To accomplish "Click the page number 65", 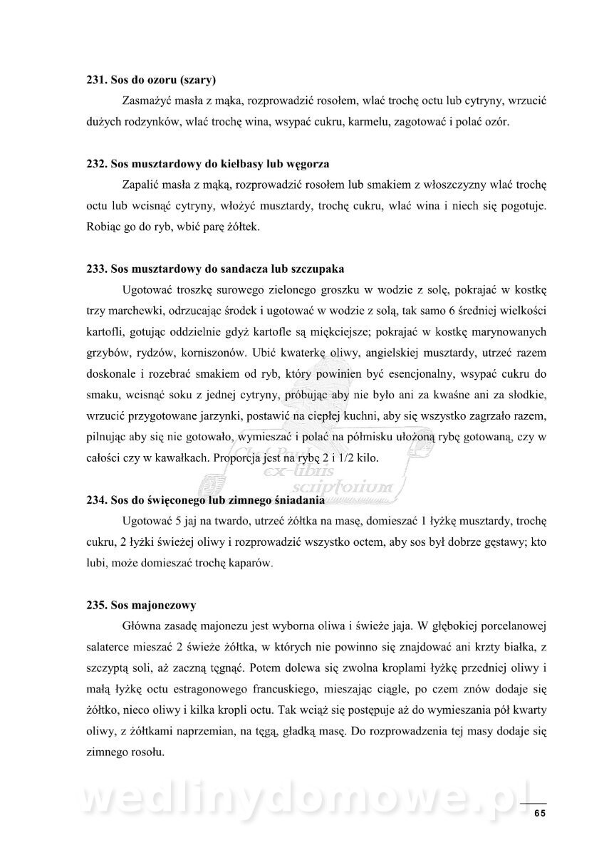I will click(539, 813).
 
